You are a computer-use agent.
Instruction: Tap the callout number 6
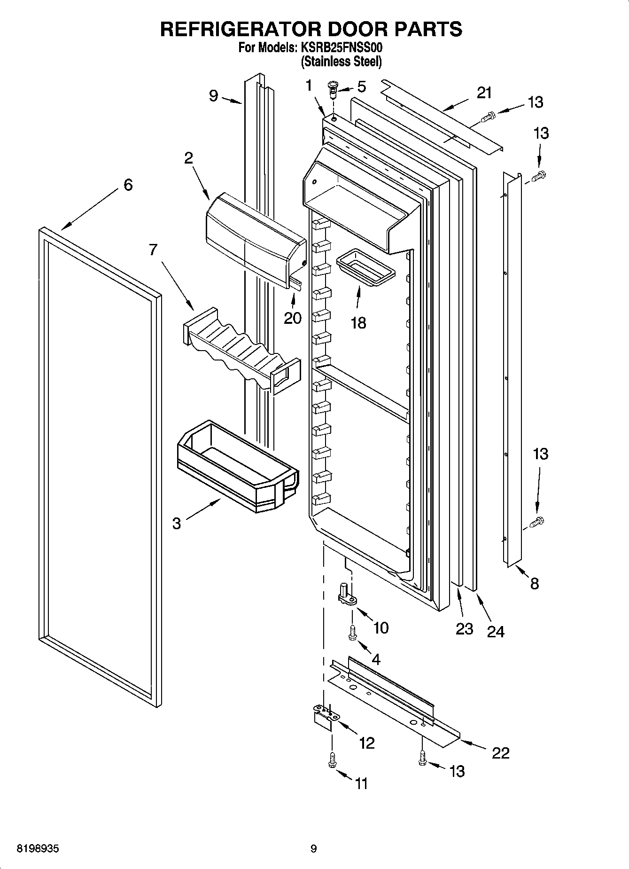128,185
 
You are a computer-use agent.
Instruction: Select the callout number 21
484,93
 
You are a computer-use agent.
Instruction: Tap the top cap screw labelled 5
333,88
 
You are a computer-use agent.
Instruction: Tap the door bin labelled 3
237,465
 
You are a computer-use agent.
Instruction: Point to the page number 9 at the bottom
314,849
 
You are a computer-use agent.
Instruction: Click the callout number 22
500,753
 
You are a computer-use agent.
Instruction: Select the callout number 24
495,632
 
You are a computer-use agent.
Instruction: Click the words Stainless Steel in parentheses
341,61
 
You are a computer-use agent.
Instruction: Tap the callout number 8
535,584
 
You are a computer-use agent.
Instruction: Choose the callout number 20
293,318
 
